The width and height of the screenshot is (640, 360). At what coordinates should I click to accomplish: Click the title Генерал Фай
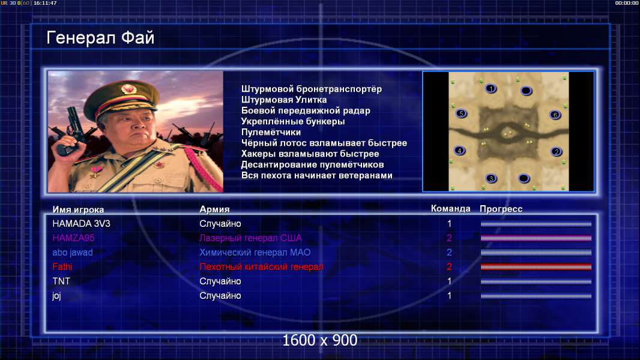point(100,38)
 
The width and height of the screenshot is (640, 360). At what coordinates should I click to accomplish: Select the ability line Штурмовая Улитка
point(283,100)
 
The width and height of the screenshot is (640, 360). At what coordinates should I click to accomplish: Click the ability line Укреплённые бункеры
point(292,121)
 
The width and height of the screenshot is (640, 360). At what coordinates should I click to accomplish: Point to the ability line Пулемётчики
point(271,132)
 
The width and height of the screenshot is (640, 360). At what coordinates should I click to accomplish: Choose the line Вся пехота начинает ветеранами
point(316,175)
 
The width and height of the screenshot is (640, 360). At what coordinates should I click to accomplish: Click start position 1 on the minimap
point(491,88)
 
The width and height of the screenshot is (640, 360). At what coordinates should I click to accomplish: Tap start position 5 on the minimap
point(461,113)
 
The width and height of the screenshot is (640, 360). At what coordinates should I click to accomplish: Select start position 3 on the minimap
point(491,178)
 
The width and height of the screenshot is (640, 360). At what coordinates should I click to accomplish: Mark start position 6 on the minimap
point(555,115)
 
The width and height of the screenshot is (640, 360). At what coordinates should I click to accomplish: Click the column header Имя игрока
point(78,209)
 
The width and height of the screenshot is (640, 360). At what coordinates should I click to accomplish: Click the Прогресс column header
point(501,209)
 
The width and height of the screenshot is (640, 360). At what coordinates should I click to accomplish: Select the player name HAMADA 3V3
point(81,223)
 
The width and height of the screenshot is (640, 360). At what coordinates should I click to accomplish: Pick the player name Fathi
point(62,266)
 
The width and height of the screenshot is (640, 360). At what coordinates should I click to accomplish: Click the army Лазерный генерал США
point(250,238)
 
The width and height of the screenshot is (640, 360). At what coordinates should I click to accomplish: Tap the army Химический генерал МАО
point(255,253)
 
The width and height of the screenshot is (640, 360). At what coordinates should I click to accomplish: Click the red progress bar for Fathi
point(536,267)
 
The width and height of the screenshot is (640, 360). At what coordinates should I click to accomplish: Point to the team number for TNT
point(450,281)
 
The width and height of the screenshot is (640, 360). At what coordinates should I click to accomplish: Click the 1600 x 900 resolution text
point(319,340)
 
